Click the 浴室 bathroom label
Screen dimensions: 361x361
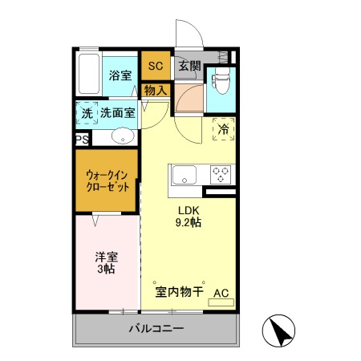(120, 76)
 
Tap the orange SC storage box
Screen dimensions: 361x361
(155, 66)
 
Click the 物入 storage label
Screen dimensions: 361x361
(155, 91)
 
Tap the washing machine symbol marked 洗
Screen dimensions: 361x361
(87, 114)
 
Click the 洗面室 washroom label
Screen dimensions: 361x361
(117, 114)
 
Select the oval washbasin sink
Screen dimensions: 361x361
(122, 136)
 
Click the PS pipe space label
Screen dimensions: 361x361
(82, 140)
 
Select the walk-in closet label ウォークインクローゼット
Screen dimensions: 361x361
(108, 180)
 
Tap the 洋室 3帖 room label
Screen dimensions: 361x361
(107, 263)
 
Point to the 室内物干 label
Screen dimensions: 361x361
(178, 293)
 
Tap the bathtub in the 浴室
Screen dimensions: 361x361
(88, 76)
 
